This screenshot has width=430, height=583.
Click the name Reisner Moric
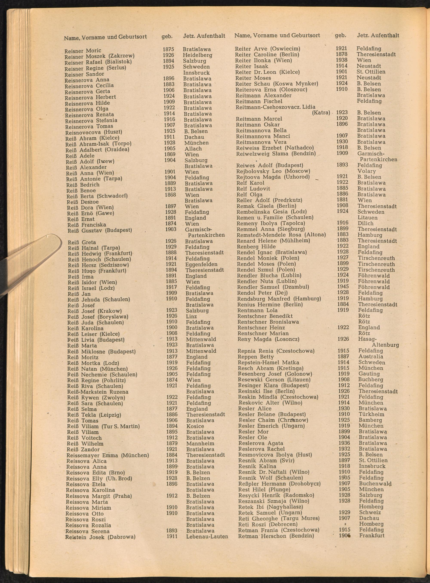(83, 50)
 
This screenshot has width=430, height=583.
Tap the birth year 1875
(168, 49)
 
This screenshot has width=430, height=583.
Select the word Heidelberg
(197, 55)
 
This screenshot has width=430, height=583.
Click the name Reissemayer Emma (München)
(107, 455)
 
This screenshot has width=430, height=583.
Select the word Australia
(371, 357)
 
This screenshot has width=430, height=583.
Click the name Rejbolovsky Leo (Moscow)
(273, 171)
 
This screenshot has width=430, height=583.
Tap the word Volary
(367, 171)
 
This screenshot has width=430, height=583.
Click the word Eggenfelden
(201, 264)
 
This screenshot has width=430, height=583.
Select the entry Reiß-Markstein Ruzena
(98, 392)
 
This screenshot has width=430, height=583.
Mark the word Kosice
(195, 426)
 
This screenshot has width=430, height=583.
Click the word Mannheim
(200, 443)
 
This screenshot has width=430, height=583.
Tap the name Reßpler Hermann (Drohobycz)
(279, 484)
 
